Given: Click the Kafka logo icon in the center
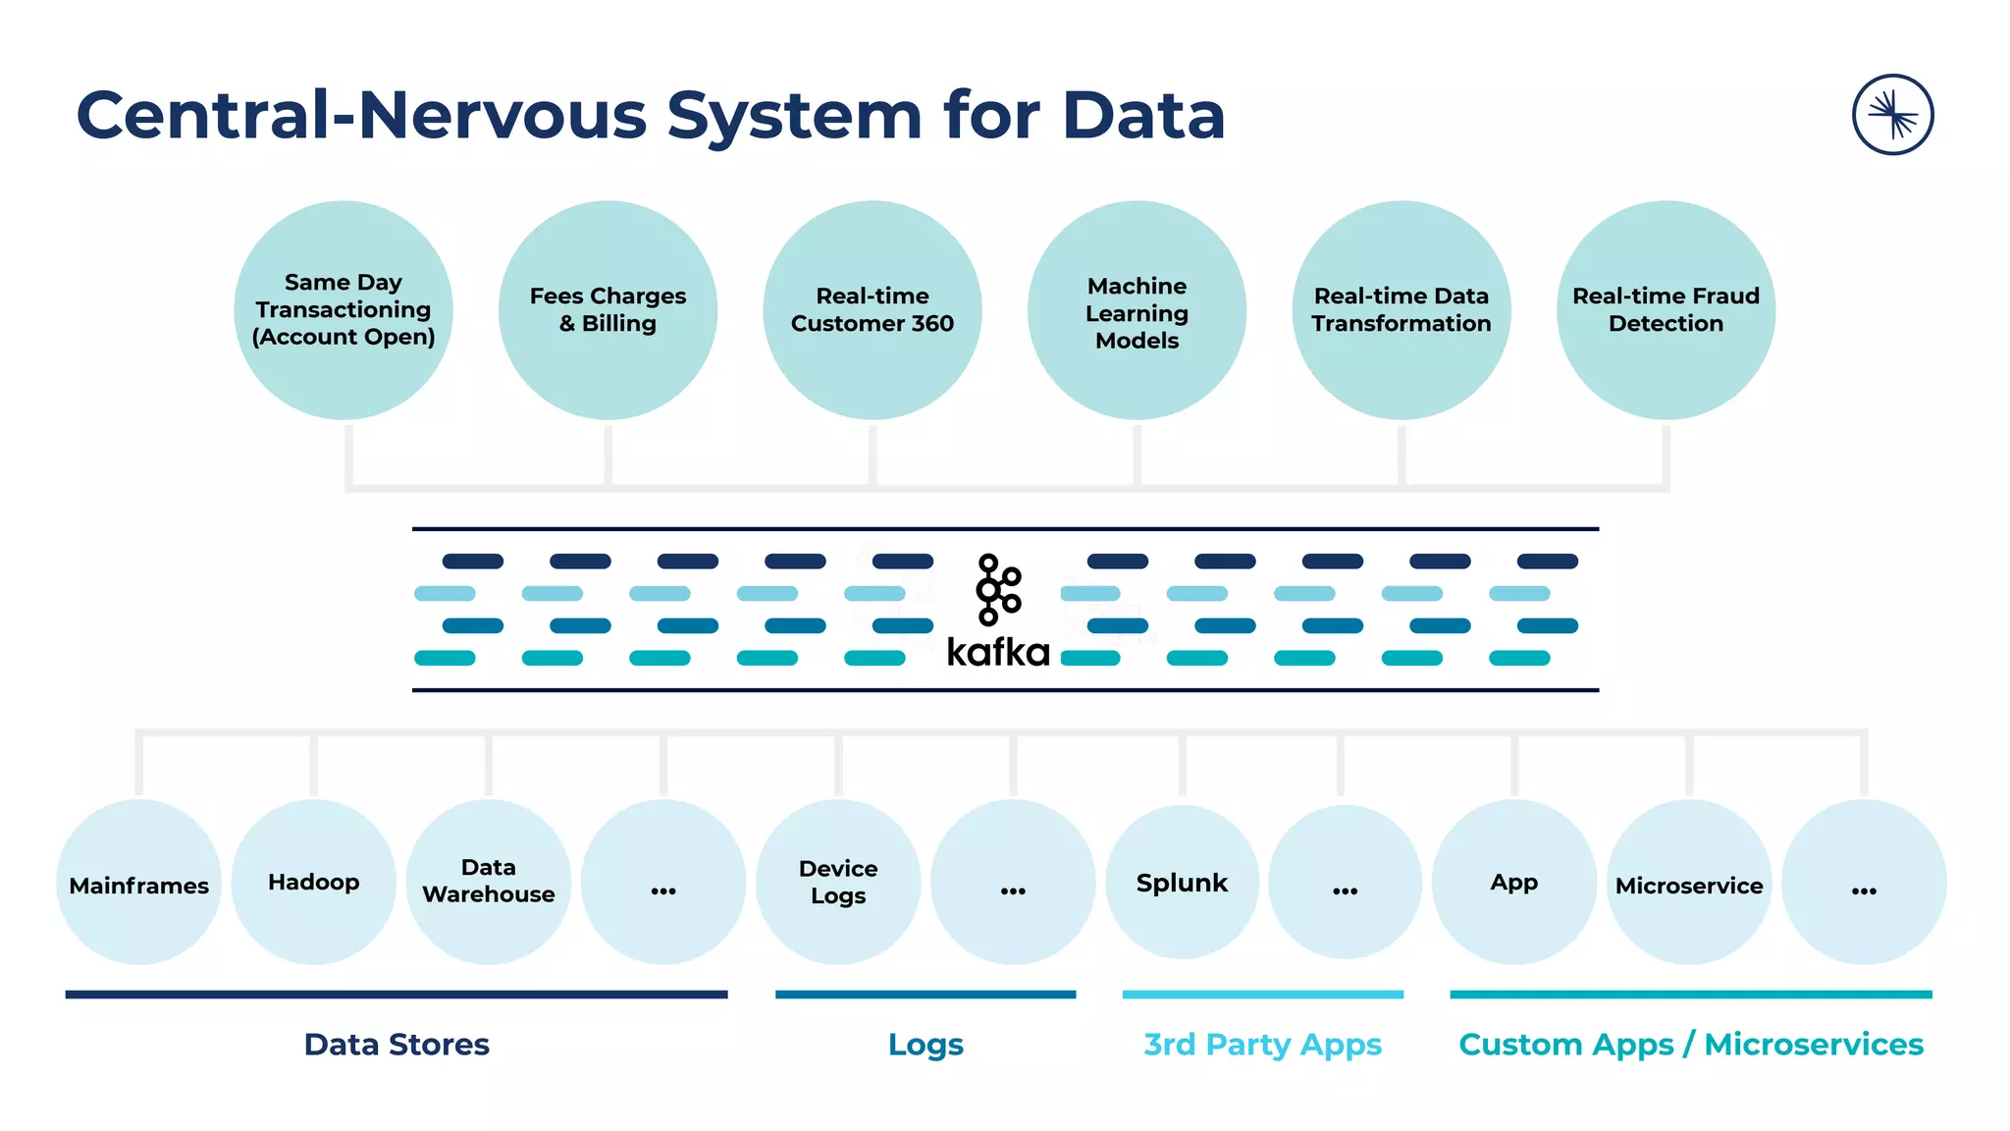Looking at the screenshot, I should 997,589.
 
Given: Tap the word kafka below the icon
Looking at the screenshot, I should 997,653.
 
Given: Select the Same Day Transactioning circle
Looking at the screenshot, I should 344,310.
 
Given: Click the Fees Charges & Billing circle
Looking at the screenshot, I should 608,310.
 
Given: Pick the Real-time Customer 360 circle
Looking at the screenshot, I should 873,310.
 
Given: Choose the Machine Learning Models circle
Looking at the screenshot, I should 1137,310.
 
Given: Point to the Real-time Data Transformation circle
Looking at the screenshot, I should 1402,310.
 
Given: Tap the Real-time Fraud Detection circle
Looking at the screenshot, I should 1666,310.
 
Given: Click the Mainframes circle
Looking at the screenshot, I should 139,882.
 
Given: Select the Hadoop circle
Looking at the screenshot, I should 314,882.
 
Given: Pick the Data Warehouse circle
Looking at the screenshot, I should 489,882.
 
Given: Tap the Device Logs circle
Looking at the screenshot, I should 838,882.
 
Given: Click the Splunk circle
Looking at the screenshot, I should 1182,882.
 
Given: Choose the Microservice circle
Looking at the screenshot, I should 1689,882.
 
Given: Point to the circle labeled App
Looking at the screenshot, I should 1514,882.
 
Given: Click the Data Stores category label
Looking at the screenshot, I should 397,1044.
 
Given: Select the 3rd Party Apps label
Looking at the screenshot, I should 1262,1044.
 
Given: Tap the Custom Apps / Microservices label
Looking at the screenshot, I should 1690,1044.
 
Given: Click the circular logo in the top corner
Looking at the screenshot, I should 1892,115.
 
